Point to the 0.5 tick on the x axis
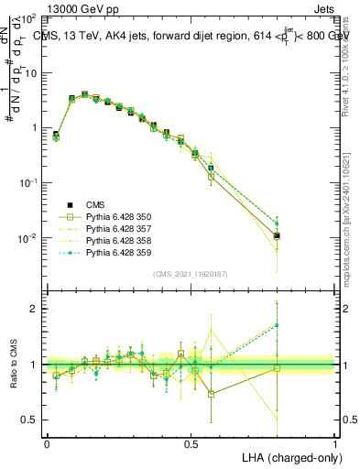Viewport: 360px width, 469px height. click(191, 443)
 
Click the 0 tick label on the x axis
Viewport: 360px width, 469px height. click(47, 443)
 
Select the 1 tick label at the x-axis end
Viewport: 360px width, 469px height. click(334, 443)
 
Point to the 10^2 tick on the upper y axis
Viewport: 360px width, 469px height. click(28, 18)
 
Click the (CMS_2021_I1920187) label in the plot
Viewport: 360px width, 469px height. click(191, 273)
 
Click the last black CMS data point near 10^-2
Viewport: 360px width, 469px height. click(277, 235)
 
